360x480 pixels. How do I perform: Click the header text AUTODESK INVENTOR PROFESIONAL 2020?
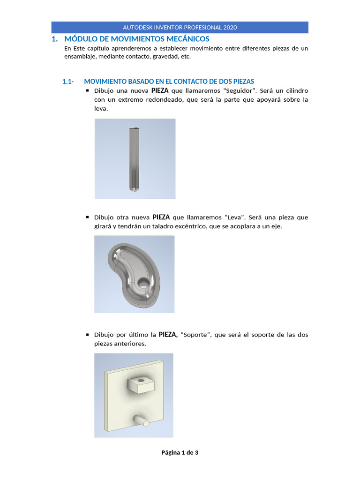[x=180, y=27]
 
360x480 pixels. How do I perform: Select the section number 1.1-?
[x=68, y=81]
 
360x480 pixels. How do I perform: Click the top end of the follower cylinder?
[x=134, y=128]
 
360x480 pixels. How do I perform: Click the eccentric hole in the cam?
[x=143, y=283]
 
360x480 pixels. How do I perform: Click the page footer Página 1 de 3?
[x=180, y=452]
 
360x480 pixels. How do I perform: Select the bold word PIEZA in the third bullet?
[x=168, y=335]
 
